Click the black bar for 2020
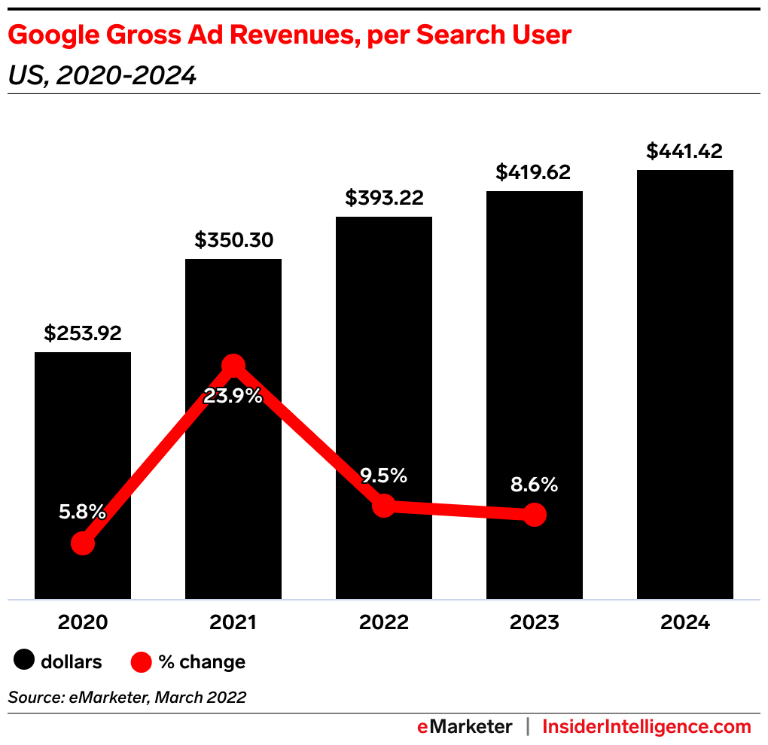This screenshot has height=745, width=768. click(x=83, y=452)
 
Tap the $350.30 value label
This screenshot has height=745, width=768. click(x=233, y=240)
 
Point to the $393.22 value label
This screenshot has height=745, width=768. click(x=384, y=198)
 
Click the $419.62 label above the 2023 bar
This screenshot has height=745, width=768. click(x=534, y=172)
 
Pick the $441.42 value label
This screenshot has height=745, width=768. click(x=684, y=151)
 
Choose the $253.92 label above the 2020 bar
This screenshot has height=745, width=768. click(x=83, y=333)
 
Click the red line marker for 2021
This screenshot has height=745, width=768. click(x=233, y=366)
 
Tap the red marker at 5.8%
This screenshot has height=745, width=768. click(x=83, y=543)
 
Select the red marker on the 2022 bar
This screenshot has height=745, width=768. click(x=384, y=506)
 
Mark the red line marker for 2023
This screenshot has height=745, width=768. click(x=534, y=515)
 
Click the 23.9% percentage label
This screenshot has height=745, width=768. click(x=233, y=396)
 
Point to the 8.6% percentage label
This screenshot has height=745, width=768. click(x=534, y=485)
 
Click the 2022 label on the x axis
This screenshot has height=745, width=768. click(x=384, y=623)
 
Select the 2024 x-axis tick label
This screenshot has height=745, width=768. click(x=684, y=623)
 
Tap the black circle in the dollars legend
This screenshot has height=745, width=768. click(x=25, y=661)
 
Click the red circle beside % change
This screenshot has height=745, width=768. click(x=142, y=662)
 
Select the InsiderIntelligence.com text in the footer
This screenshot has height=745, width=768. click(x=647, y=726)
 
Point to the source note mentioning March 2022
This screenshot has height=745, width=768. click(x=127, y=698)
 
